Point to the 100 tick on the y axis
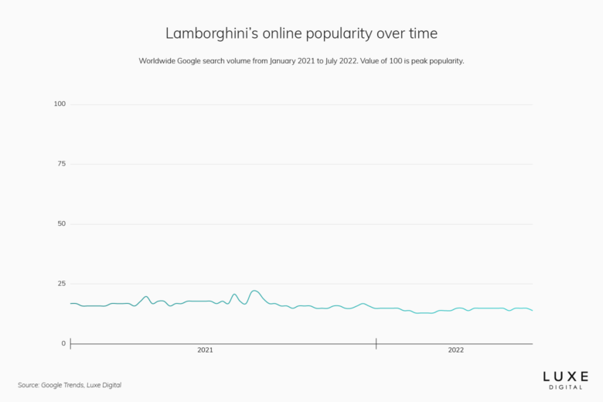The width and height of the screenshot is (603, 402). tap(60, 104)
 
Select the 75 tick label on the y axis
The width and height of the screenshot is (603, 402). tap(61, 164)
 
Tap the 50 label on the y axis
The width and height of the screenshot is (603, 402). tap(61, 223)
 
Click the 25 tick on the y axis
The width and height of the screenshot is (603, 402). tap(61, 284)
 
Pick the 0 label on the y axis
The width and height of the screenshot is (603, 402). tap(63, 343)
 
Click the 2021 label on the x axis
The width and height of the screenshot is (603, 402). tap(205, 350)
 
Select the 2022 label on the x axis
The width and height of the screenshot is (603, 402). tap(456, 350)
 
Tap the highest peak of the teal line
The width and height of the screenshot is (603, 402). tap(254, 291)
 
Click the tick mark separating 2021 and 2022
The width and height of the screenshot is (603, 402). tap(376, 343)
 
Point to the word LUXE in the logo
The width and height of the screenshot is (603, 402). tap(565, 376)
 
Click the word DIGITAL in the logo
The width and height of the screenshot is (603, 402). tap(565, 386)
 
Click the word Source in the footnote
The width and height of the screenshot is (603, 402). tap(29, 385)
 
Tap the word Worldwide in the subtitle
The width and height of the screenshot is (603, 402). tap(160, 60)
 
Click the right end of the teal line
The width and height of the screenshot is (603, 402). tap(533, 310)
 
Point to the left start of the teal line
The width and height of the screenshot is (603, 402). tap(70, 303)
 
